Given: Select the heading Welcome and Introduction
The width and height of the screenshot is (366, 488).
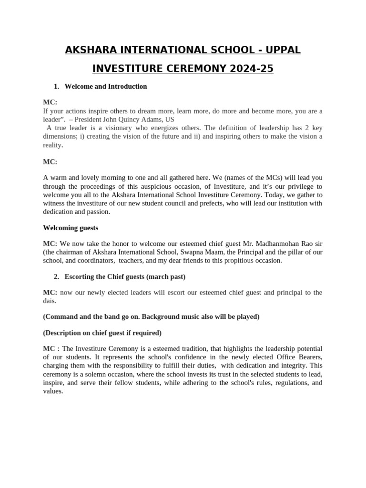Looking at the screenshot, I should [106, 86].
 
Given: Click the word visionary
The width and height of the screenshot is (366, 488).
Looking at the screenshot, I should [122, 128].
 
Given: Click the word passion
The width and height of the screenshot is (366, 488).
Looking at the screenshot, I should [99, 212].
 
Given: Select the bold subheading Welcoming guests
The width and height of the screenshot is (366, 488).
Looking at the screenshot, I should [71, 228].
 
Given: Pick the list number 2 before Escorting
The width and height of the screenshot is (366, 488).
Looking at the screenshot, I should [56, 276].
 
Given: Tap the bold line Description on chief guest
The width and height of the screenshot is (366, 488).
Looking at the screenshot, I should [102, 333].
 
